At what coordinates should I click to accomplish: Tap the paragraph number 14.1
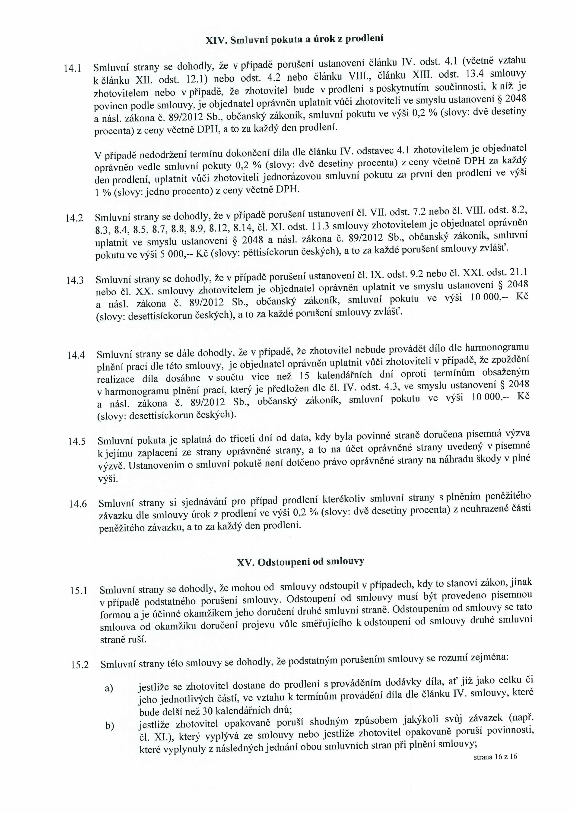73,68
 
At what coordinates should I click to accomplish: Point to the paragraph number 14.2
74,218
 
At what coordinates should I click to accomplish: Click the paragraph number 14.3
75,280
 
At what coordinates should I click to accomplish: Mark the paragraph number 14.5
77,441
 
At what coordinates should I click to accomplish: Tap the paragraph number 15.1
79,591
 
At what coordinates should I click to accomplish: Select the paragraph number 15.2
80,665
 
